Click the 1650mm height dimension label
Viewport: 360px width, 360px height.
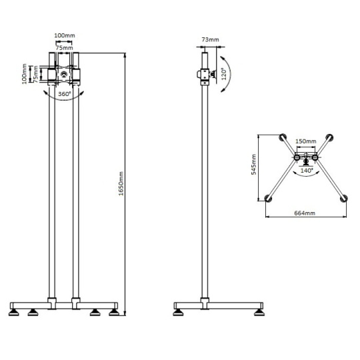(121, 183)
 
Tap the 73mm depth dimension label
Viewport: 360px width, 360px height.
(210, 39)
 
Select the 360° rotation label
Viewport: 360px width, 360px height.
(65, 94)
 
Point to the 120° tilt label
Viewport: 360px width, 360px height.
(224, 74)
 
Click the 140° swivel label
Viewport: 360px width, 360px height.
(307, 171)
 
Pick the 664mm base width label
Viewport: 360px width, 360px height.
(305, 213)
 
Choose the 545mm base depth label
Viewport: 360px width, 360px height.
(254, 165)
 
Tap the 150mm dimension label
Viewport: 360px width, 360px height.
(306, 141)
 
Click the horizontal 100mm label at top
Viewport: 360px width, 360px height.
(65, 35)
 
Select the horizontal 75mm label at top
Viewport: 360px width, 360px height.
(65, 48)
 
